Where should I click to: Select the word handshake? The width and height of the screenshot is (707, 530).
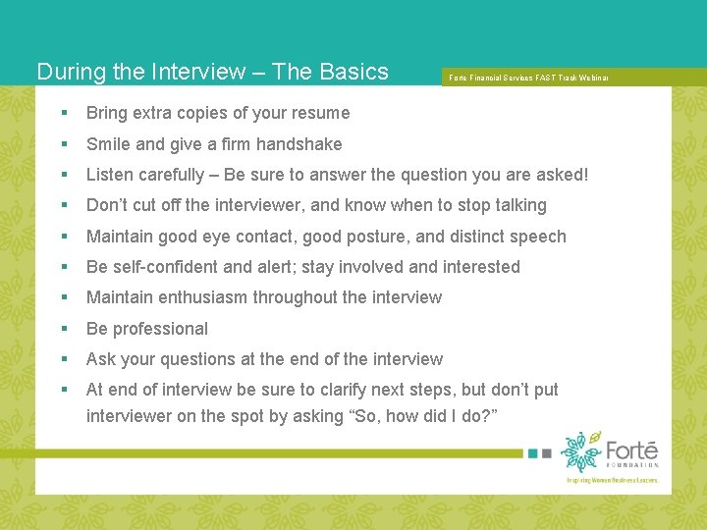[x=299, y=144]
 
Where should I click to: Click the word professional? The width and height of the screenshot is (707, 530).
[x=161, y=329]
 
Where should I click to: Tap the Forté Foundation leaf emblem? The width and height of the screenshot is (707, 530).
[x=581, y=450]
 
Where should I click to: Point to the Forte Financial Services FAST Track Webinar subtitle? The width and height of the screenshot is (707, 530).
[x=528, y=78]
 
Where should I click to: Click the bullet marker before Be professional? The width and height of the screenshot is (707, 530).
[x=64, y=329]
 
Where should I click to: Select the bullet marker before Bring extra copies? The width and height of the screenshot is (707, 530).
[x=64, y=113]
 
